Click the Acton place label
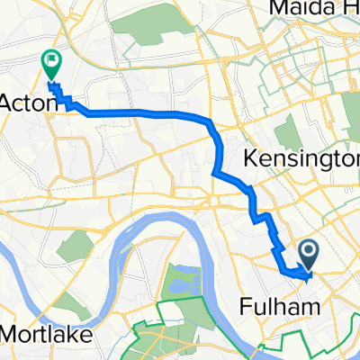coord(29,103)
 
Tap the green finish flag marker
coord(50,64)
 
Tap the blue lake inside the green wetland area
coord(176,284)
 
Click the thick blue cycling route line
coord(144,112)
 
